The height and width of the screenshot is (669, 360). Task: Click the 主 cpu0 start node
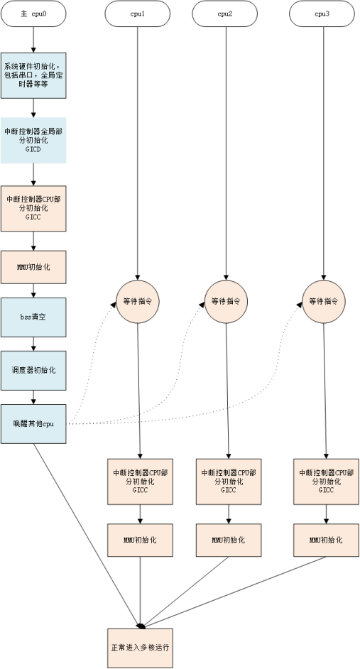pyautogui.click(x=33, y=13)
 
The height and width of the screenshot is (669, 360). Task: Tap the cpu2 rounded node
pyautogui.click(x=225, y=13)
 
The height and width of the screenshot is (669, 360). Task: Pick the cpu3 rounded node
pyautogui.click(x=322, y=13)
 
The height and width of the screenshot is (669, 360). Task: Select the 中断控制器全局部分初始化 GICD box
pyautogui.click(x=33, y=140)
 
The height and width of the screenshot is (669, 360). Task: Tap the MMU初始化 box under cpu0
pyautogui.click(x=33, y=267)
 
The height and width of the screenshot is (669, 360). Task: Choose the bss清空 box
pyautogui.click(x=33, y=317)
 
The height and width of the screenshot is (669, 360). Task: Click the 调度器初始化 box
pyautogui.click(x=33, y=370)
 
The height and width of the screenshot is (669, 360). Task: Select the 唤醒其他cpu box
pyautogui.click(x=33, y=424)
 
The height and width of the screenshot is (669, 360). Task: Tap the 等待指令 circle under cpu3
pyautogui.click(x=324, y=301)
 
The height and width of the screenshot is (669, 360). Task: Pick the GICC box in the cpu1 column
pyautogui.click(x=140, y=481)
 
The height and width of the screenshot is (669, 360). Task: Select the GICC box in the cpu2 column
pyautogui.click(x=228, y=481)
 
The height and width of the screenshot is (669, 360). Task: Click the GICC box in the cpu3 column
pyautogui.click(x=326, y=481)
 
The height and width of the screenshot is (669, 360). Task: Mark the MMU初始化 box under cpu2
pyautogui.click(x=228, y=540)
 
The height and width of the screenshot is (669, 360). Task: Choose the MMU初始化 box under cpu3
pyautogui.click(x=326, y=540)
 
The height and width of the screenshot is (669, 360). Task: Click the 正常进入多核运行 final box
pyautogui.click(x=140, y=648)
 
